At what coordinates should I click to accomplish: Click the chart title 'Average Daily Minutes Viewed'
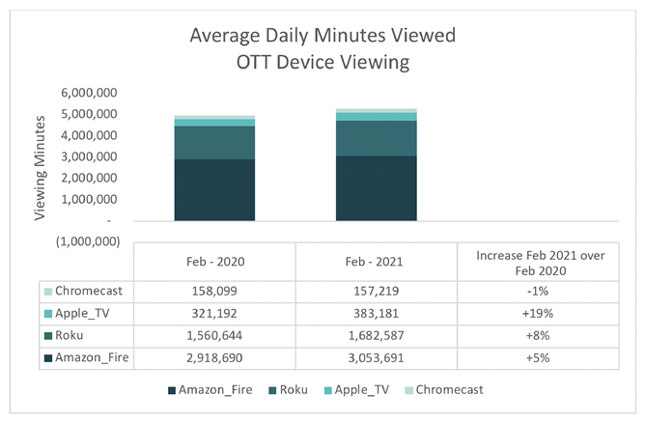point(323,37)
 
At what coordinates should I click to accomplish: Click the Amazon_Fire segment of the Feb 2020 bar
point(214,190)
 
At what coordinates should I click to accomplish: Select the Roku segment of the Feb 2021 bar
point(377,138)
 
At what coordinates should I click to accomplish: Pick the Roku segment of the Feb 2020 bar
point(214,143)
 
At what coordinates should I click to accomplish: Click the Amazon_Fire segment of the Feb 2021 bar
point(377,188)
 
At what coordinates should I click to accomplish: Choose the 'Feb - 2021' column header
point(377,262)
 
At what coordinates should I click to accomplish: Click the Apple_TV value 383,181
point(377,314)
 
